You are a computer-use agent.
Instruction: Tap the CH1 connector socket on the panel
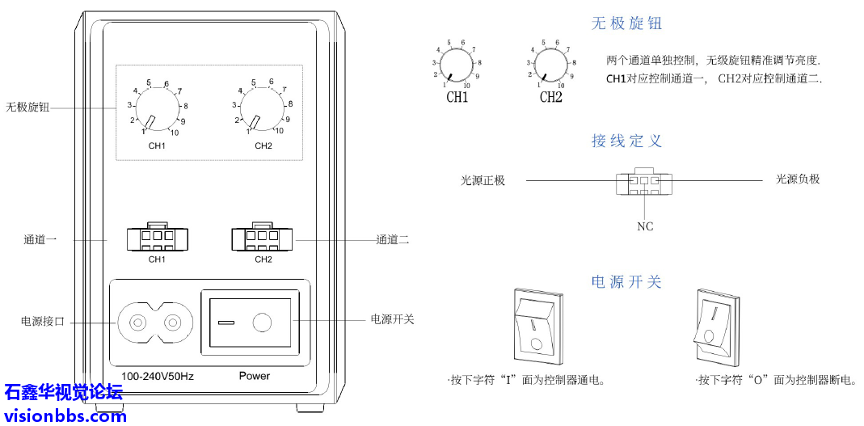(157, 239)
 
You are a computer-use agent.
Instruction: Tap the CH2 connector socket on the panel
(263, 239)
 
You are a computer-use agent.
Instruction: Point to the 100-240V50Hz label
(157, 377)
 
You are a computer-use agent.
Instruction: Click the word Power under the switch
(255, 376)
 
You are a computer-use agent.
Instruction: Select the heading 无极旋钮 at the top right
(626, 23)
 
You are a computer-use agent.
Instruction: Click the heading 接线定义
(626, 141)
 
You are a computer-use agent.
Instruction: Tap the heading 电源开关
(626, 282)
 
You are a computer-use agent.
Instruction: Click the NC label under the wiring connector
(645, 227)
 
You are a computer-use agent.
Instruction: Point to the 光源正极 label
(483, 180)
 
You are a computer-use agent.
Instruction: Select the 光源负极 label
(798, 179)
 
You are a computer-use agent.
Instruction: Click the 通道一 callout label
(40, 240)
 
